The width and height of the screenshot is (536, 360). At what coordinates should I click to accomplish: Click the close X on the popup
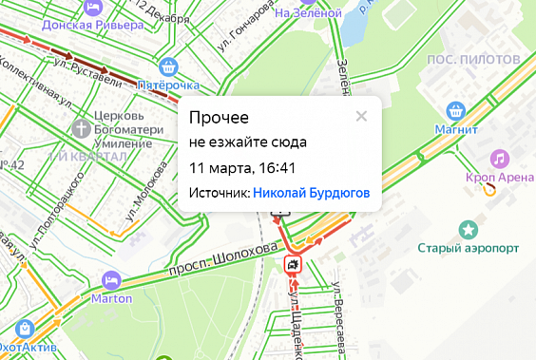click(x=361, y=117)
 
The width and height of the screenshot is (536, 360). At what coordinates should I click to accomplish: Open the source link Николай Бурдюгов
click(x=311, y=193)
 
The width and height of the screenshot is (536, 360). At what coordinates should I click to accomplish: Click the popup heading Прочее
click(x=220, y=118)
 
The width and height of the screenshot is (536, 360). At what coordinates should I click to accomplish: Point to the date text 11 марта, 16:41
click(x=243, y=168)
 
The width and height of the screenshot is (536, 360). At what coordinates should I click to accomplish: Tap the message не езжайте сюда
click(x=247, y=143)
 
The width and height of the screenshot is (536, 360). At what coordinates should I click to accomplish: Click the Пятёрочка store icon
click(x=169, y=66)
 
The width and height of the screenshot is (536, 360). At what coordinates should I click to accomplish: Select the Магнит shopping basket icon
click(x=456, y=110)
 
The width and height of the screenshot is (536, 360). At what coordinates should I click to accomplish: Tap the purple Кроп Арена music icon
click(x=499, y=158)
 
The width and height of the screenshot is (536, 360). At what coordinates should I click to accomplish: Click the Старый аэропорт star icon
click(x=468, y=229)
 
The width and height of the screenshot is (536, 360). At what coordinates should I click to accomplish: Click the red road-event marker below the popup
click(x=293, y=265)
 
